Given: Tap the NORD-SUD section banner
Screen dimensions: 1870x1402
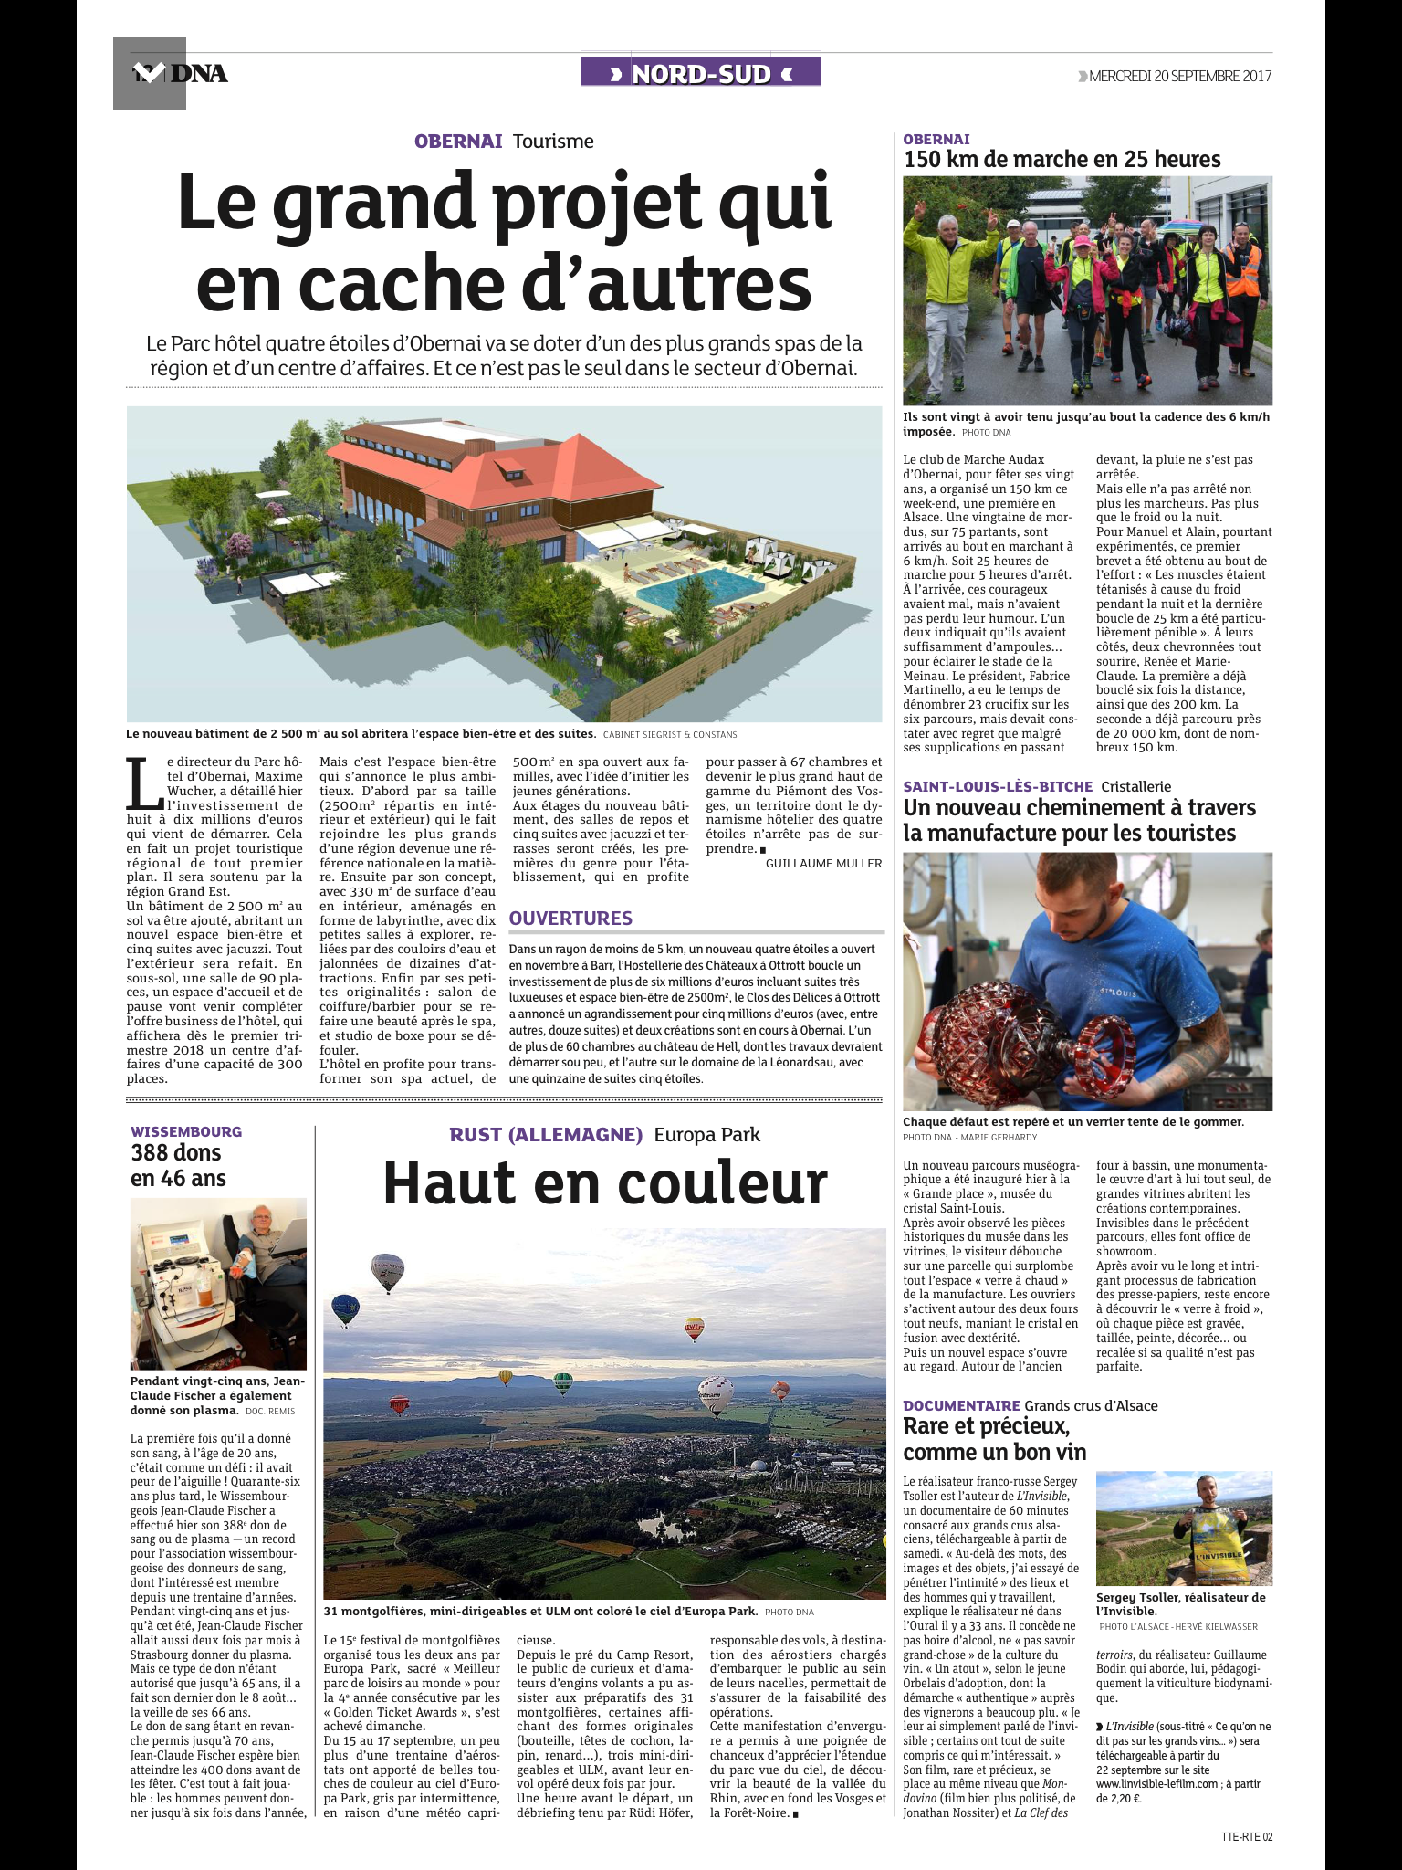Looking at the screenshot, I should point(701,73).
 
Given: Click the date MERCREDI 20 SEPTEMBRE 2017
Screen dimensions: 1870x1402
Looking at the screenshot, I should point(1179,76).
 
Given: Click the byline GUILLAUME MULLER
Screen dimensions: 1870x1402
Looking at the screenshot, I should point(823,863).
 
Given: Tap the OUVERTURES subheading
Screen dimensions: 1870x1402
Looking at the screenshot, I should point(570,919).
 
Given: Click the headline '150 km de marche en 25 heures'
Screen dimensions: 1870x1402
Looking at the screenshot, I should point(1062,160).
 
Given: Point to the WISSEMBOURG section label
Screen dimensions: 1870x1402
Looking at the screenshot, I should point(186,1132).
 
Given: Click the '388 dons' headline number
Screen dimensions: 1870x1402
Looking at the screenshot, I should point(176,1153).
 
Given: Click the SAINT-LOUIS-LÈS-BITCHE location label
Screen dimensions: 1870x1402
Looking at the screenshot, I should point(998,786).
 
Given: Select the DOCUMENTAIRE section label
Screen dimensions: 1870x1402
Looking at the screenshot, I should point(961,1405).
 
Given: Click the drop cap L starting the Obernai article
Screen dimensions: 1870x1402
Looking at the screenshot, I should point(143,784).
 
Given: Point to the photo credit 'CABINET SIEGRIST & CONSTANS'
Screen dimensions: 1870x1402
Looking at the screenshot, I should point(669,735).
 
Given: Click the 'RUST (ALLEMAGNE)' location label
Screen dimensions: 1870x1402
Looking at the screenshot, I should point(546,1135).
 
